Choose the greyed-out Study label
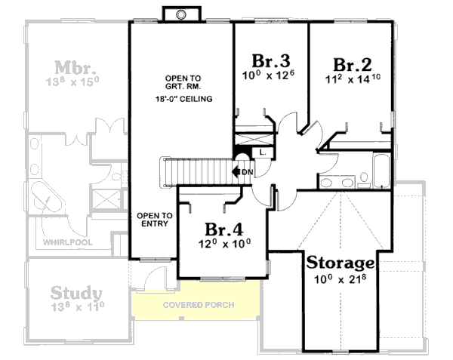pos(75,291)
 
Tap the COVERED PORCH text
pos(198,305)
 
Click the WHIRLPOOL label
pos(67,243)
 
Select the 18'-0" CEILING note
pos(183,99)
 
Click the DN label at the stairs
pos(247,173)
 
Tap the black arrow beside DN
pos(237,173)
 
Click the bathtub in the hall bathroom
pos(381,173)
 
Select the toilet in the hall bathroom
pos(364,180)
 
